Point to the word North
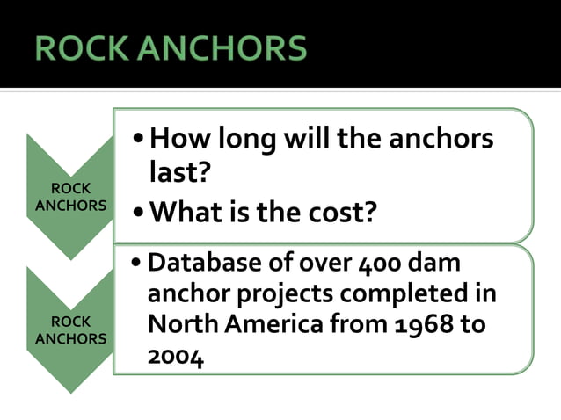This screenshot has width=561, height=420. coord(180,323)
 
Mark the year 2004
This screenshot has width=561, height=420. coord(176,355)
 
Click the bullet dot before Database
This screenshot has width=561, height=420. coord(135,263)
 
